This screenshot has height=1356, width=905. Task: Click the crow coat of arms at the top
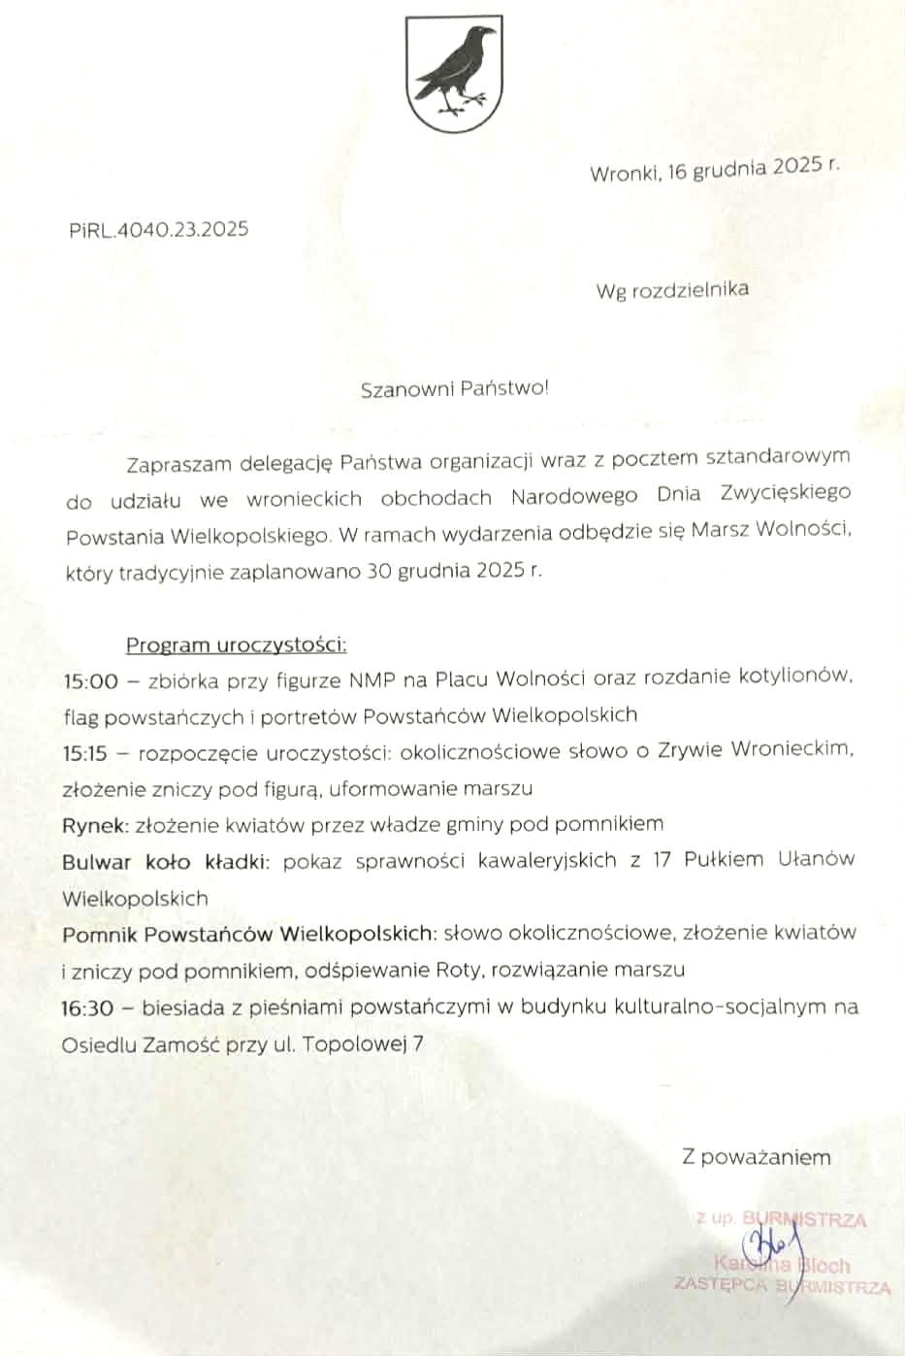point(453,74)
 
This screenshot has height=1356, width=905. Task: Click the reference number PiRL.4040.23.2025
point(159,230)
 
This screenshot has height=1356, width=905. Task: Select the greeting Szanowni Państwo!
point(454,389)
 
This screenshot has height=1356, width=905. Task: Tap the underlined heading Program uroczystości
point(236,645)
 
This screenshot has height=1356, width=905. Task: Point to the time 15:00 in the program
point(90,681)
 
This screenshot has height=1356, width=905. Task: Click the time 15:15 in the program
point(85,753)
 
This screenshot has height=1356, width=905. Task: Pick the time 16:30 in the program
point(87,1009)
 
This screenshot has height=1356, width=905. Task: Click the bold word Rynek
point(94,825)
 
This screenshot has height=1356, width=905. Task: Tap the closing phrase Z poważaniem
point(757,1157)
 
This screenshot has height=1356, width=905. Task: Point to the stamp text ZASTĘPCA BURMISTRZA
point(782,1286)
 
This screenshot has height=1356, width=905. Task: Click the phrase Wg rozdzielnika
point(672,289)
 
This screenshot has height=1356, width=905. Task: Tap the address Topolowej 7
point(363,1045)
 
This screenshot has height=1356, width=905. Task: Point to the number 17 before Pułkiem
point(662,860)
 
